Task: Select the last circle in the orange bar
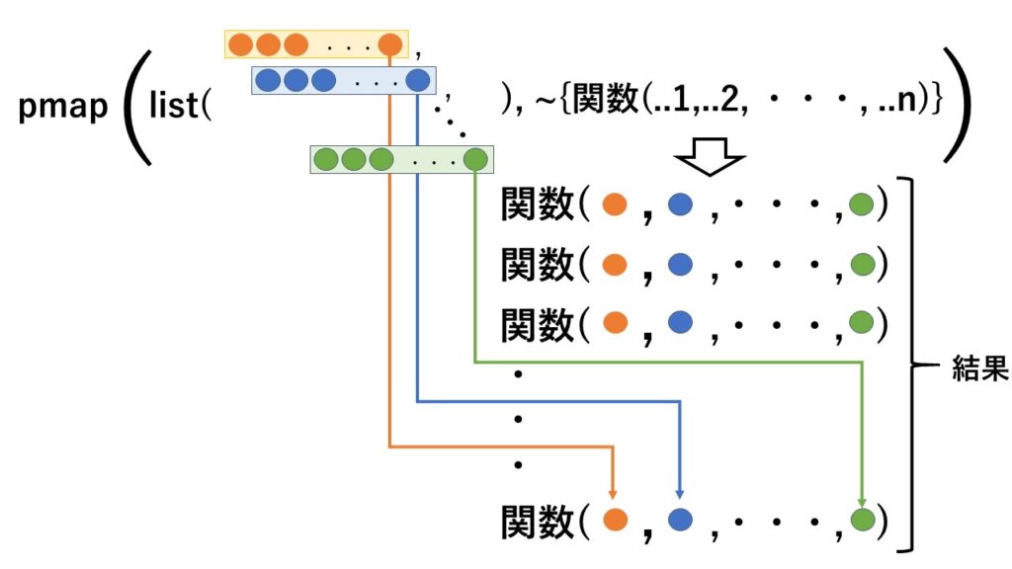pos(390,44)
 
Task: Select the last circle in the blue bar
pos(418,80)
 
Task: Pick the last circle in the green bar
pos(475,158)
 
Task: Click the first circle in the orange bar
pos(241,44)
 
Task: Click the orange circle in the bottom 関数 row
pos(615,520)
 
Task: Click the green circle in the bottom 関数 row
pos(862,520)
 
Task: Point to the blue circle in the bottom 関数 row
pos(679,520)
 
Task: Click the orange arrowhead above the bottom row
pos(615,491)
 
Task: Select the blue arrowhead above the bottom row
pos(679,491)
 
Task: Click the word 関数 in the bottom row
pos(539,520)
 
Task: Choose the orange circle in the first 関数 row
pos(615,204)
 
